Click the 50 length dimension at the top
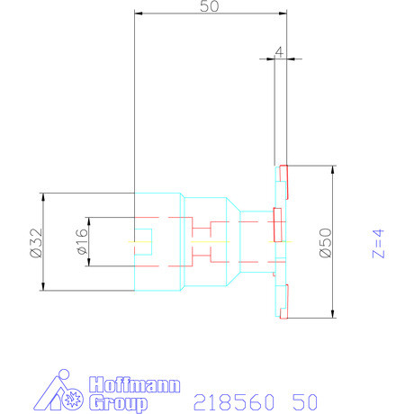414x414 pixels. click(210, 7)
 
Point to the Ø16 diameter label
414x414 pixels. click(81, 242)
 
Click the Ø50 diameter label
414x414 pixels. click(326, 242)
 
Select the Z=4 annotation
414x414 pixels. click(379, 243)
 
